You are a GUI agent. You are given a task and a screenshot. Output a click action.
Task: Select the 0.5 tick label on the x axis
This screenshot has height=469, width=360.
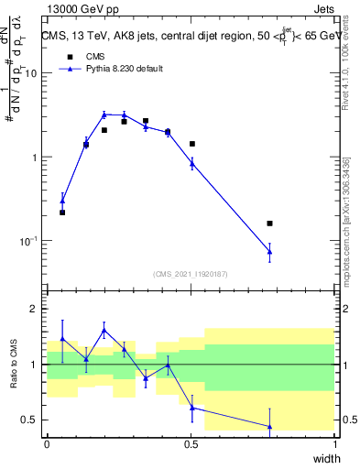[x=191, y=444]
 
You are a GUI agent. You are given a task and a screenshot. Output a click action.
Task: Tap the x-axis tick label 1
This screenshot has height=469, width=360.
[x=336, y=444]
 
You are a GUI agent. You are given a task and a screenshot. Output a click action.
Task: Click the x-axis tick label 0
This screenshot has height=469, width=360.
[x=48, y=444]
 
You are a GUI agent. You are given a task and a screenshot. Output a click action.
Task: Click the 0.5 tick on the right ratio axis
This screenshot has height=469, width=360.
[x=349, y=420]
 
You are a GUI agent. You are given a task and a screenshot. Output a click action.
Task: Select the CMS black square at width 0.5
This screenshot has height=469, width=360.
[x=192, y=144]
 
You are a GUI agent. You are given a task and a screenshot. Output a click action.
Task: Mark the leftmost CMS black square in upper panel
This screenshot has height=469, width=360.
[x=62, y=213]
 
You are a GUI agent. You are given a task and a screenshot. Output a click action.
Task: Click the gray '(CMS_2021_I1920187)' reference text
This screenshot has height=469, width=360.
[x=191, y=273]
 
